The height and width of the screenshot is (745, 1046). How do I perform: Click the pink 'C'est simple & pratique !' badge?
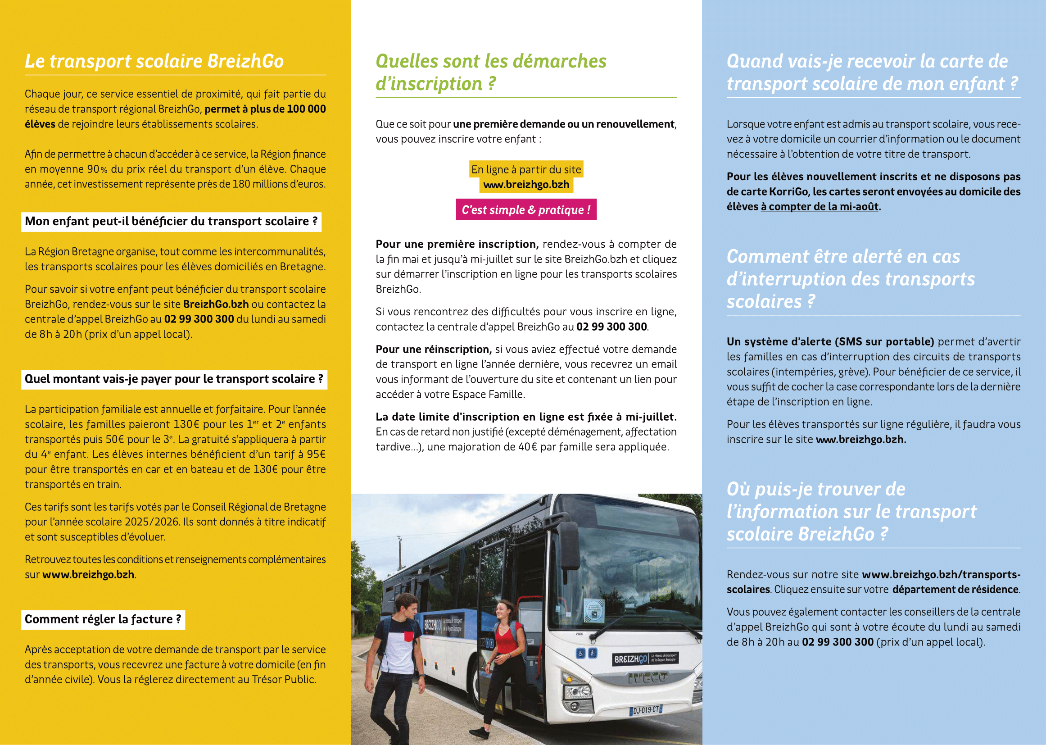(526, 209)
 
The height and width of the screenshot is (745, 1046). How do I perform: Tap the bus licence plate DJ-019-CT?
(646, 710)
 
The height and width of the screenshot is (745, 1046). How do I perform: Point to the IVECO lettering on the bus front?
(647, 677)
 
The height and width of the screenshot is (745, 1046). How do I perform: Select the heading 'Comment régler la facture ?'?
(103, 619)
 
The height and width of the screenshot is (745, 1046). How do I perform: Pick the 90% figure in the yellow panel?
(97, 169)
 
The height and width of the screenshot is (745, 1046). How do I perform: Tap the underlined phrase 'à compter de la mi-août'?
(820, 207)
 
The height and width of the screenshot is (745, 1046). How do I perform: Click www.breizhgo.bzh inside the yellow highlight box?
(526, 185)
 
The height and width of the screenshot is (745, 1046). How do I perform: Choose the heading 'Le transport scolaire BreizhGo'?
(154, 61)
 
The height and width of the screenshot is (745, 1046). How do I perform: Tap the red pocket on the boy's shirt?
(409, 636)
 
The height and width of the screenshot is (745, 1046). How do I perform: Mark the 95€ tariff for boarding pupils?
(316, 454)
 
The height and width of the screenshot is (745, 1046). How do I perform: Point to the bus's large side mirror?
(571, 546)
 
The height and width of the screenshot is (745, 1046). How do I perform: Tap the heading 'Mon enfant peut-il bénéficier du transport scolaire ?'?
(171, 222)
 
